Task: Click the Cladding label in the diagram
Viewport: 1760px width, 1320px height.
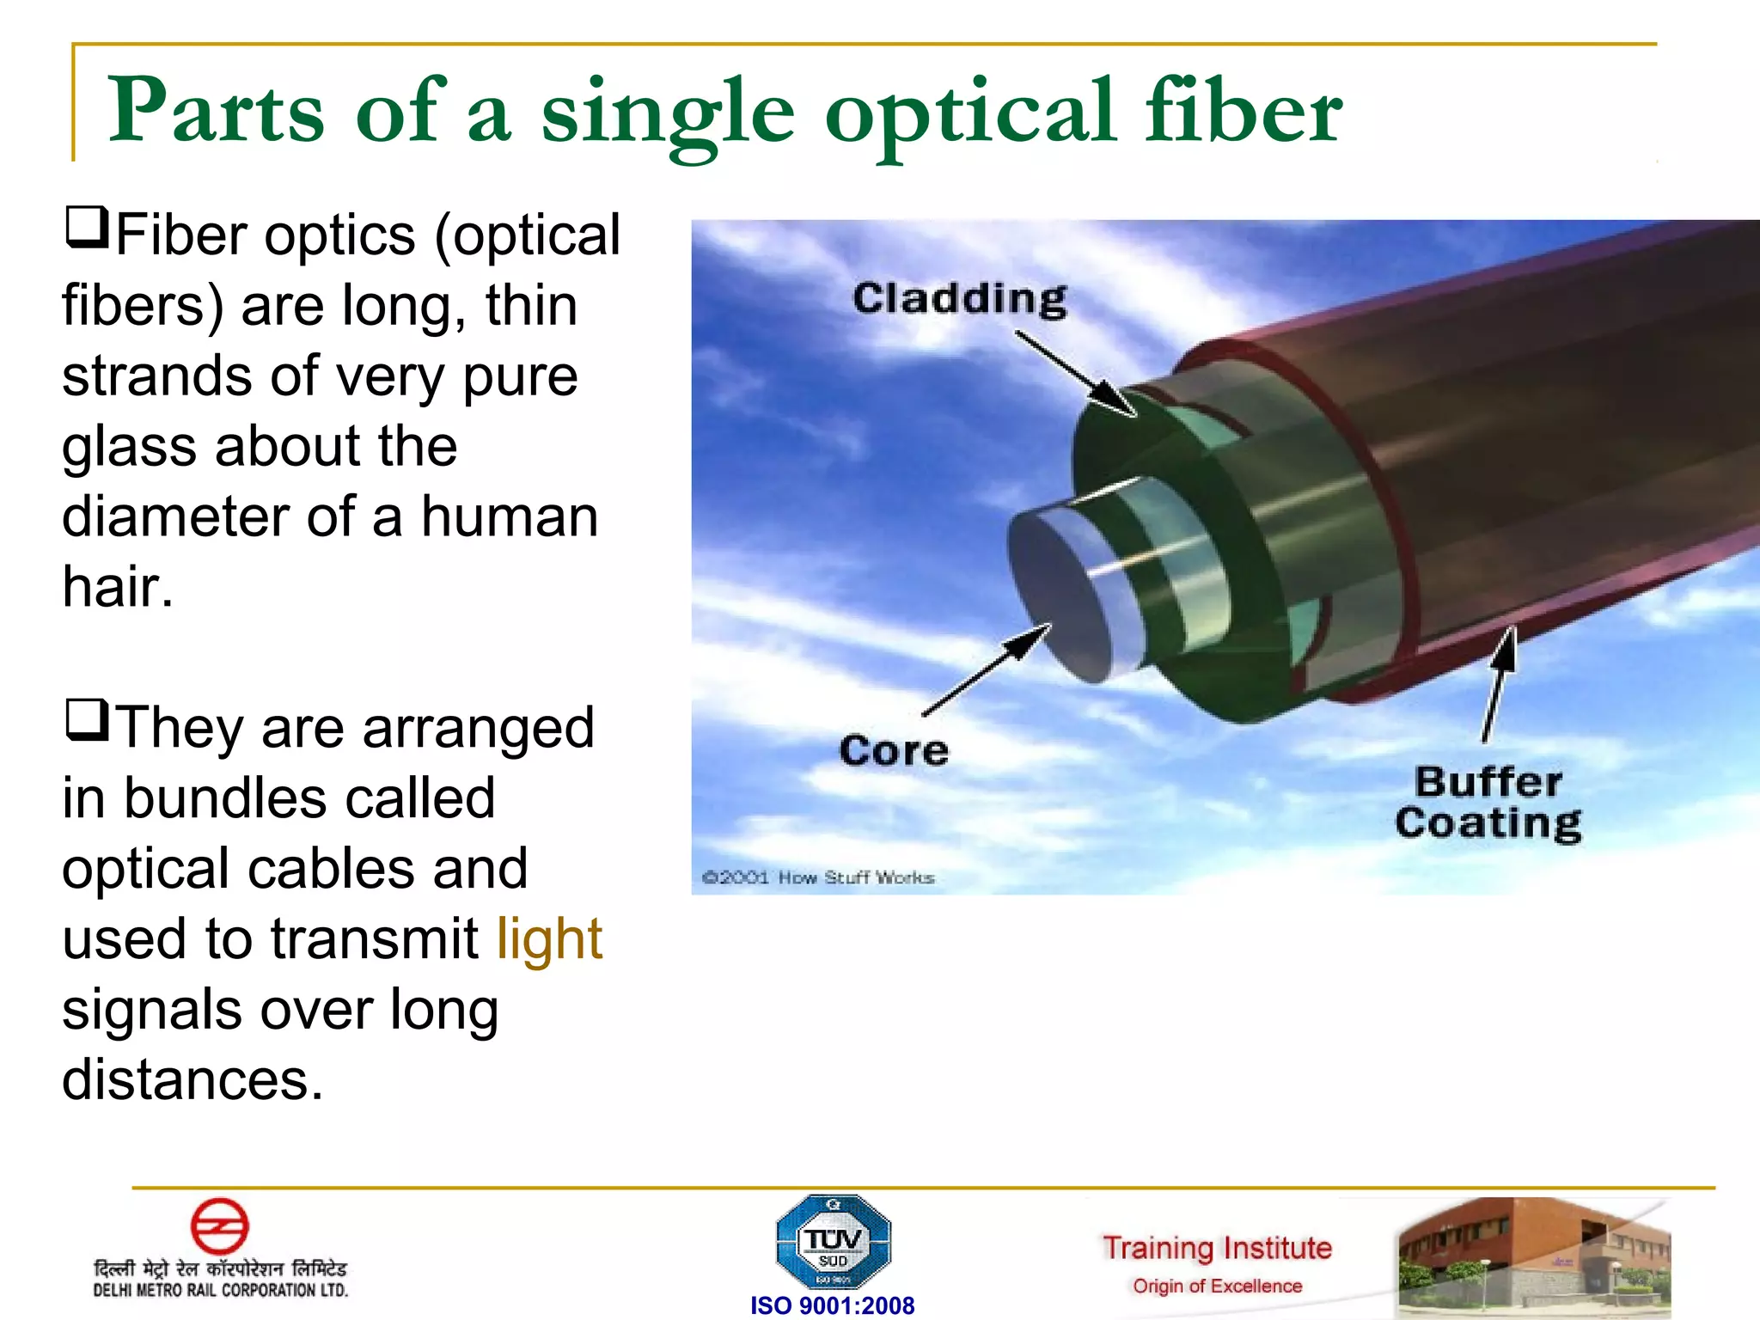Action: pyautogui.click(x=959, y=299)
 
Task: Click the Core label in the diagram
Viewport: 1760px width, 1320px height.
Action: pyautogui.click(x=894, y=750)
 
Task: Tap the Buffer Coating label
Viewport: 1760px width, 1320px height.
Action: pyautogui.click(x=1488, y=803)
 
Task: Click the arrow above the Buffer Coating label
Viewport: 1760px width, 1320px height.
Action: pyautogui.click(x=1499, y=683)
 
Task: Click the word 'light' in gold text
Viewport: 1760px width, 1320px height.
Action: pyautogui.click(x=549, y=938)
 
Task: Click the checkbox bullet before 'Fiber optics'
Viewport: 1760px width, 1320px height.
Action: pyautogui.click(x=87, y=228)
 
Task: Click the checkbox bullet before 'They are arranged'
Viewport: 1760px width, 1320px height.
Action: pyautogui.click(x=87, y=720)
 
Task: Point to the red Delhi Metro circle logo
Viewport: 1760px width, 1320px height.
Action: pyautogui.click(x=219, y=1226)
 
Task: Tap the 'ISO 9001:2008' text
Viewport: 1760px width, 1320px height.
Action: pyautogui.click(x=832, y=1305)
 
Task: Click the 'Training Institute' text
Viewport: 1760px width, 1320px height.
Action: pyautogui.click(x=1217, y=1247)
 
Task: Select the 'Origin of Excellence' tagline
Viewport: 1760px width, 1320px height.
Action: pyautogui.click(x=1217, y=1286)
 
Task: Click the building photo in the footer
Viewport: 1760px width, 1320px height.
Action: pyautogui.click(x=1534, y=1257)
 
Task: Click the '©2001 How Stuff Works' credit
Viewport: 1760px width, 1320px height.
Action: pyautogui.click(x=818, y=877)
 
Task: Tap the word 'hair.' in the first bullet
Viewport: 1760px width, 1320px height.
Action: pyautogui.click(x=118, y=587)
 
